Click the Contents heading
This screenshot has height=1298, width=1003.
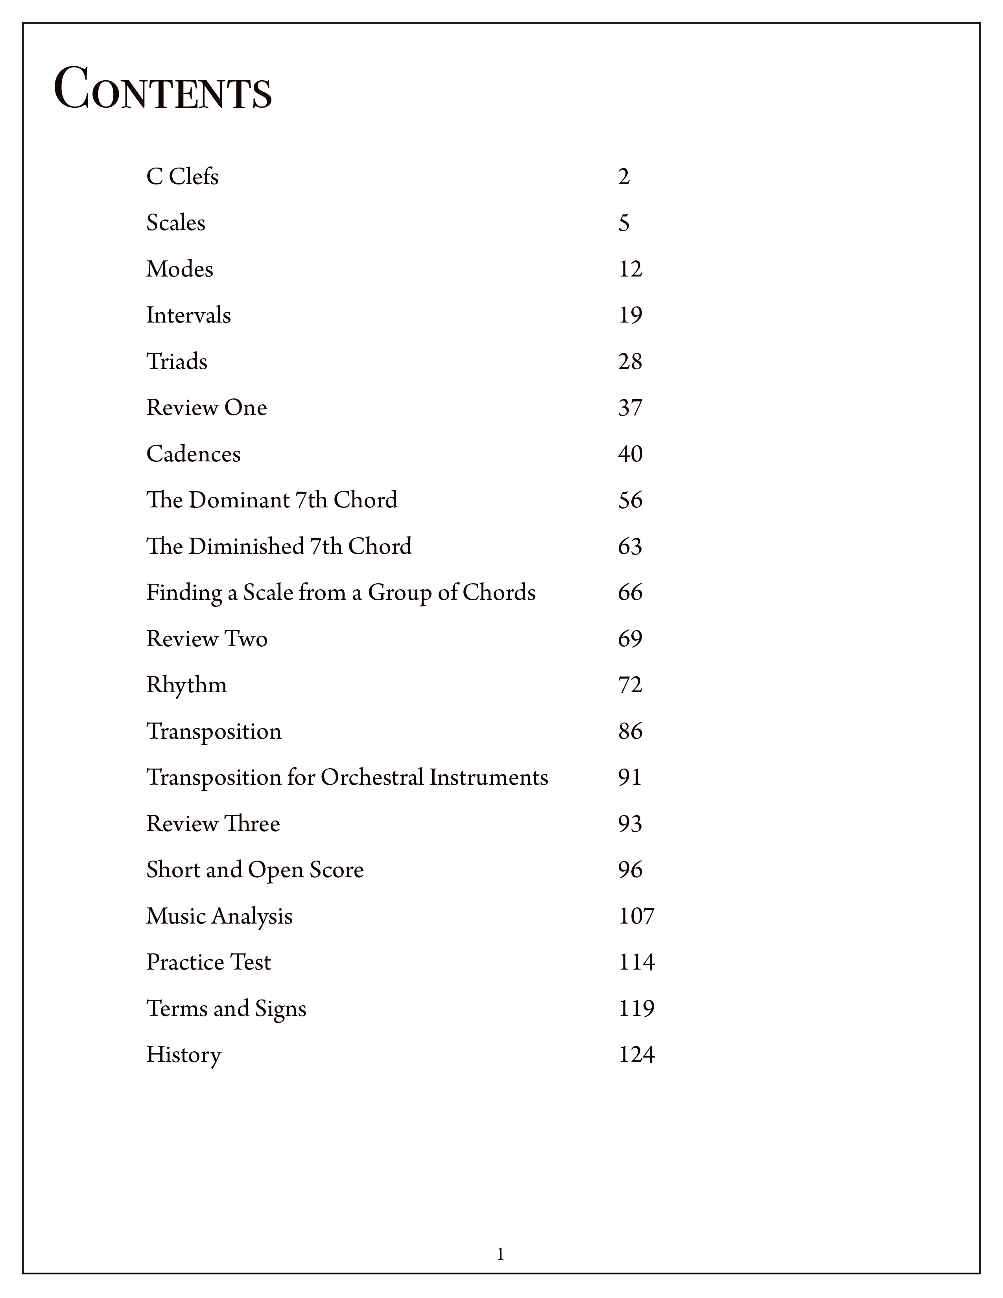(163, 90)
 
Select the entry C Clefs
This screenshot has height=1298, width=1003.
(183, 177)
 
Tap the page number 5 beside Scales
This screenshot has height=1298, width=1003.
(623, 223)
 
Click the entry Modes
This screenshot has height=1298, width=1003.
(179, 269)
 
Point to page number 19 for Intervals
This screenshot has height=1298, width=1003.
(630, 315)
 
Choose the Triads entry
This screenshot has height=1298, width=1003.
(177, 361)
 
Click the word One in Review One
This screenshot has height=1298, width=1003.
(245, 408)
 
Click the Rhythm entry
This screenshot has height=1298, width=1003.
(186, 685)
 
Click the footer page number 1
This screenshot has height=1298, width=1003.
(500, 1255)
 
